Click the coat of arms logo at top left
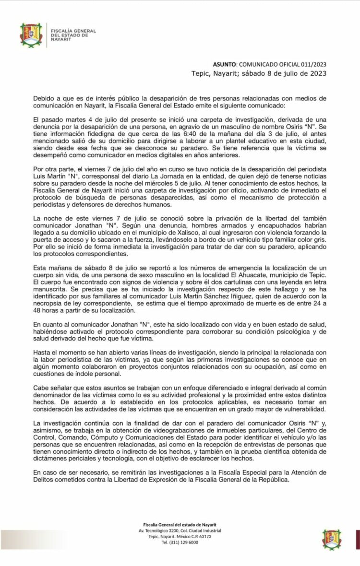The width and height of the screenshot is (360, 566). point(31,35)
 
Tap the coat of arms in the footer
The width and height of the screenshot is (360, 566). point(332,539)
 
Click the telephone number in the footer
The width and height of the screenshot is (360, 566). point(180,542)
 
